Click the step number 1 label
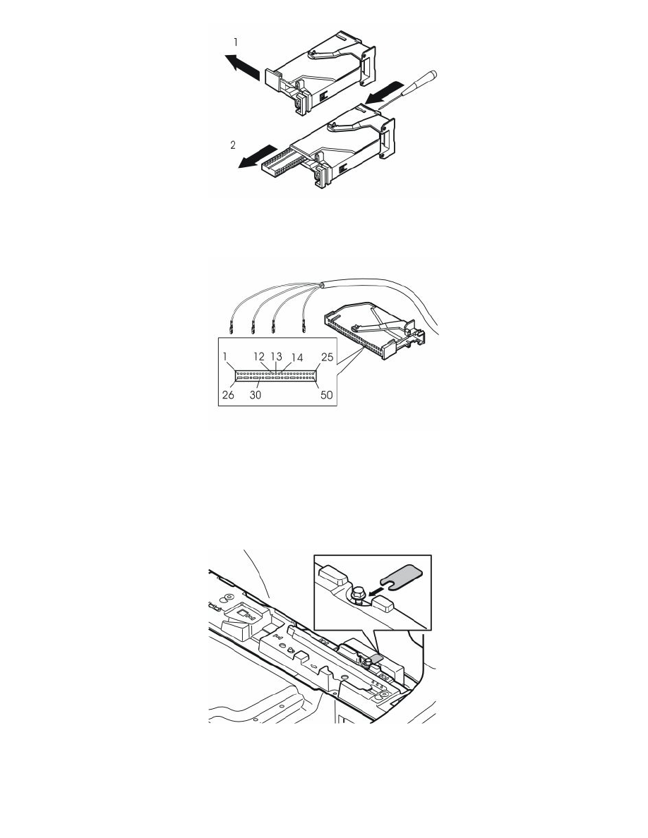pyautogui.click(x=235, y=42)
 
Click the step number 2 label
pyautogui.click(x=232, y=145)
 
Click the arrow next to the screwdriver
pyautogui.click(x=385, y=93)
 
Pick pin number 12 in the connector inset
pyautogui.click(x=259, y=356)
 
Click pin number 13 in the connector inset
pyautogui.click(x=276, y=356)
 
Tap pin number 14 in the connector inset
pyautogui.click(x=296, y=358)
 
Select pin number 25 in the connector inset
pyautogui.click(x=327, y=357)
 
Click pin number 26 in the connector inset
pyautogui.click(x=228, y=395)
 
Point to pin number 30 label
pyautogui.click(x=256, y=396)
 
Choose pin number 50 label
pyautogui.click(x=326, y=395)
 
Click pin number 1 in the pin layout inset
pyautogui.click(x=225, y=356)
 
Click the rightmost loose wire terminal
pyautogui.click(x=303, y=325)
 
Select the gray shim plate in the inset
pyautogui.click(x=402, y=577)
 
